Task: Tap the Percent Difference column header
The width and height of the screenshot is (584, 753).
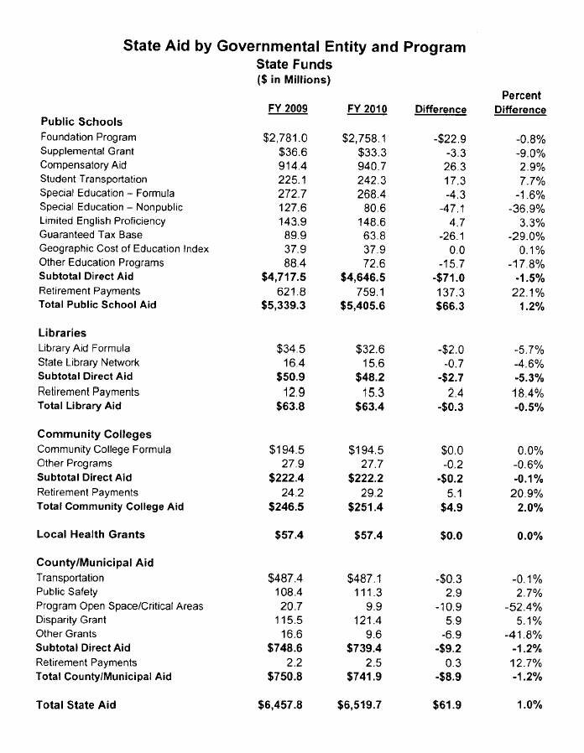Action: click(520, 103)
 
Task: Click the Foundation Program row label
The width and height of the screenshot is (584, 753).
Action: click(88, 137)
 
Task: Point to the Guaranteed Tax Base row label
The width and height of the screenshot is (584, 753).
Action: click(91, 235)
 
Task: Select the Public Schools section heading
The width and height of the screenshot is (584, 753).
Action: click(81, 122)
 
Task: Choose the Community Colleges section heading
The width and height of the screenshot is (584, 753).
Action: click(95, 434)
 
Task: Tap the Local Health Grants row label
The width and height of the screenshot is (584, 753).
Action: click(91, 534)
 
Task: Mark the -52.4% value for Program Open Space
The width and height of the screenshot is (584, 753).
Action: click(527, 606)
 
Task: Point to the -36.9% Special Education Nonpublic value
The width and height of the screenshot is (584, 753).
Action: click(527, 207)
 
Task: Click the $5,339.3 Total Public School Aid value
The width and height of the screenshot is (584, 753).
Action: click(282, 305)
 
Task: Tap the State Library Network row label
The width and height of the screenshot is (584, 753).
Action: click(88, 362)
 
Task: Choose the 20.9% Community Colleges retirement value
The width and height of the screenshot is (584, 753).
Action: click(529, 492)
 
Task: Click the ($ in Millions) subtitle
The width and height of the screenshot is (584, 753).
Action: click(294, 80)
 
